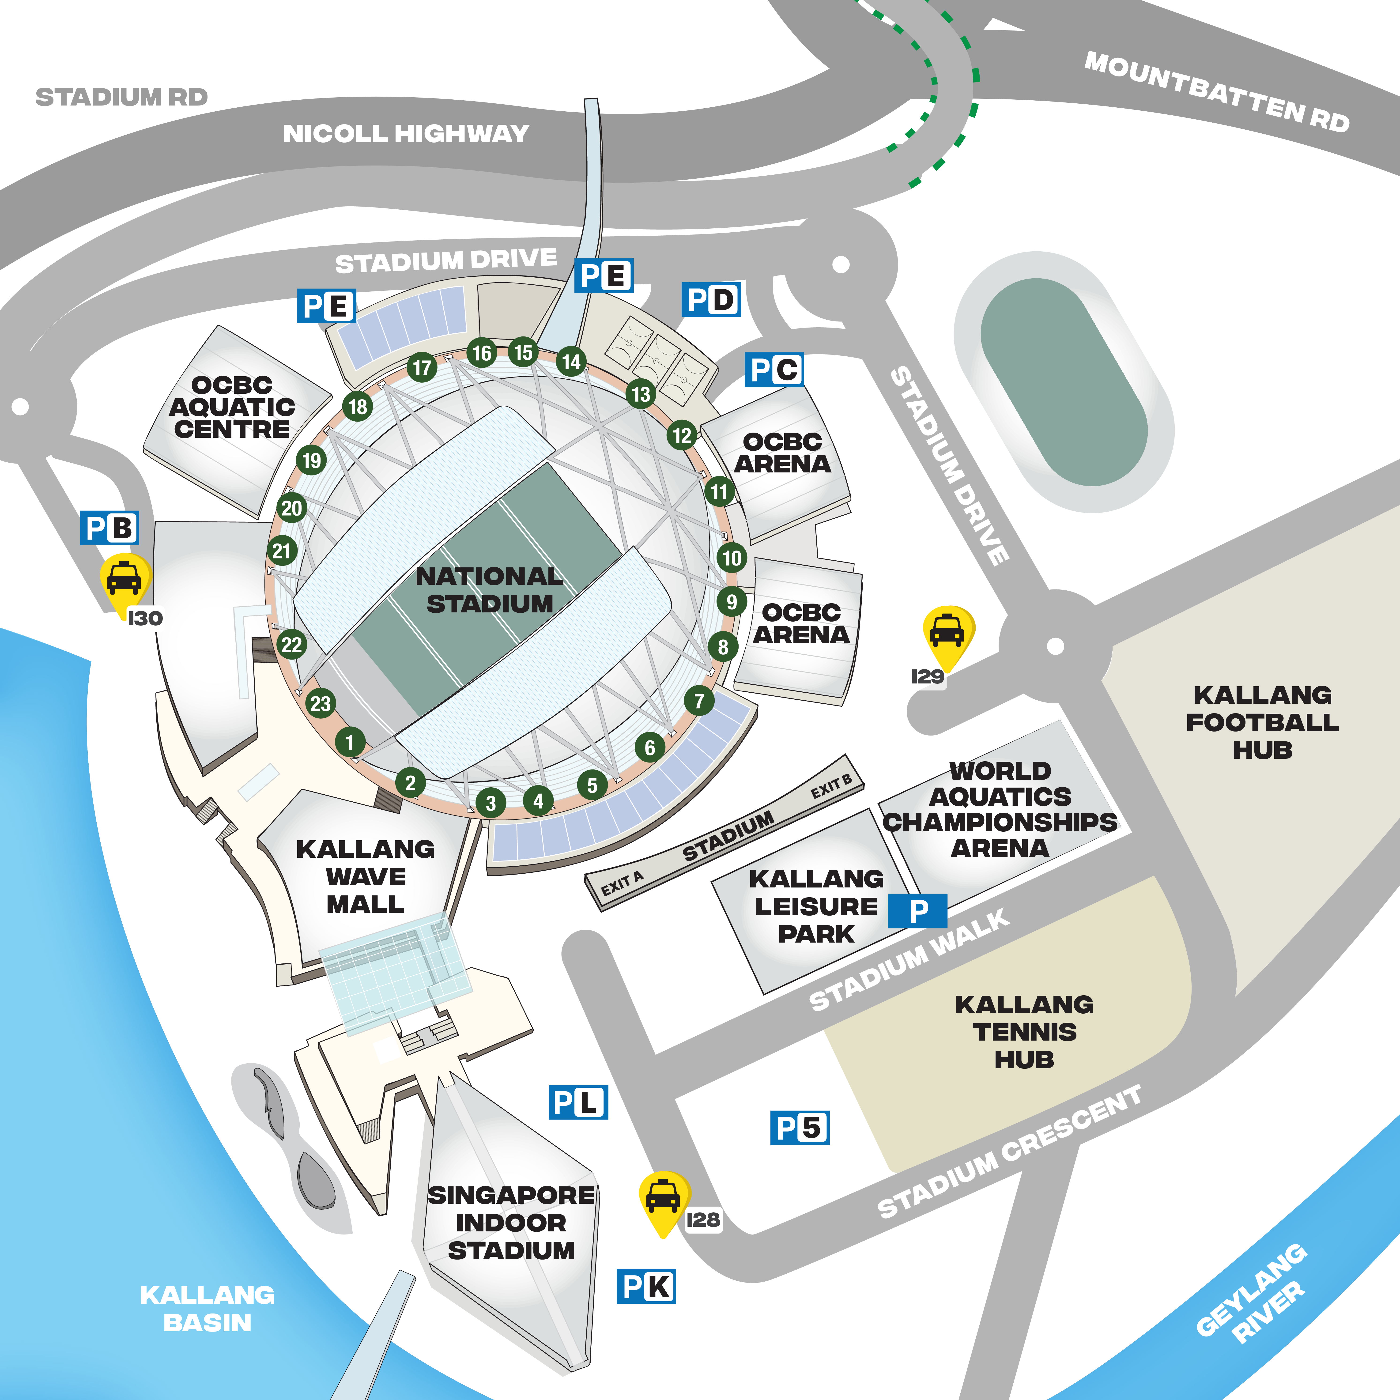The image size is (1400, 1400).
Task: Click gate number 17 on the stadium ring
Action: point(422,367)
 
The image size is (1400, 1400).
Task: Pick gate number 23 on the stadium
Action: point(320,703)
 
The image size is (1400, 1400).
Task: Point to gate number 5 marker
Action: point(592,785)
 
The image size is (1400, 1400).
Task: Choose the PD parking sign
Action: point(711,299)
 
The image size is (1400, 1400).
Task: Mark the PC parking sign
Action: point(774,370)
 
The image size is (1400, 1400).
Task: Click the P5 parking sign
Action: point(799,1128)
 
